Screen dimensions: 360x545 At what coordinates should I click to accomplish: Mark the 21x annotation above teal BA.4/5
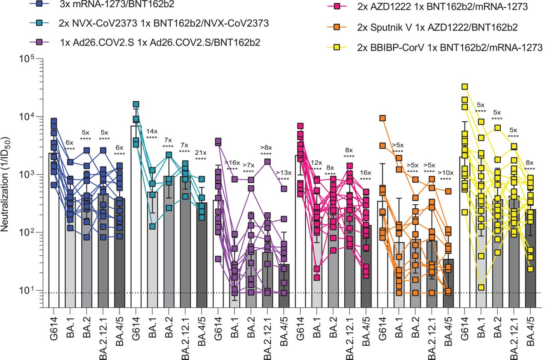coord(201,153)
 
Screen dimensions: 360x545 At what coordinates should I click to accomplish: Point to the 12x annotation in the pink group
coord(317,163)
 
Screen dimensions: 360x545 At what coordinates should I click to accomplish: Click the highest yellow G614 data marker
coord(465,87)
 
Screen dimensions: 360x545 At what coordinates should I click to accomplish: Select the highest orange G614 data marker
coord(383,118)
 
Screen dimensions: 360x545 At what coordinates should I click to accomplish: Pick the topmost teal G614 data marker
coord(136,104)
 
